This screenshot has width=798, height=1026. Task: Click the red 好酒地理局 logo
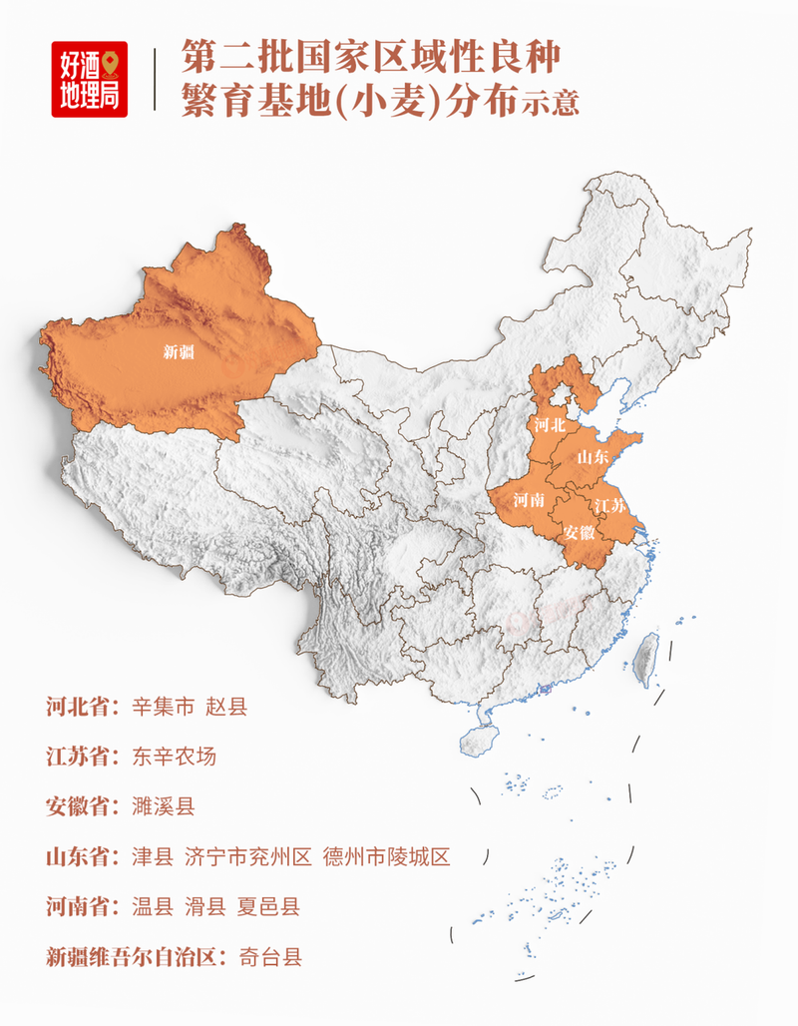(90, 79)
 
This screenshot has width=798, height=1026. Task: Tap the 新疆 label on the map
(180, 351)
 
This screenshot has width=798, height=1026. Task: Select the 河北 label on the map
(550, 425)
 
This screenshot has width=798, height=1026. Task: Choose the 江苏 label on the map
(609, 505)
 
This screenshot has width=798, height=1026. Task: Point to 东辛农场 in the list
(174, 757)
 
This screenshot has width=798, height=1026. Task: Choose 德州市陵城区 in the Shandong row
(387, 856)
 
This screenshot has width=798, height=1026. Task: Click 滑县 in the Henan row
(205, 907)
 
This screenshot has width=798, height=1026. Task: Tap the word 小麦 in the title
(396, 101)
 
